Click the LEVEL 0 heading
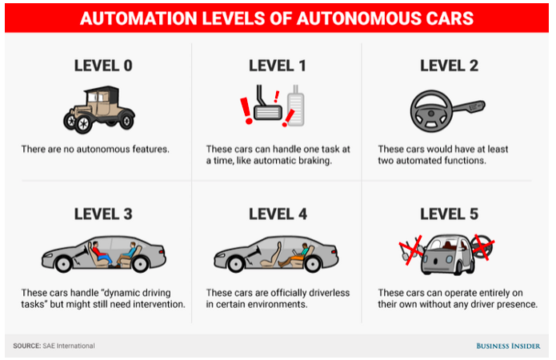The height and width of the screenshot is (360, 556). (102, 66)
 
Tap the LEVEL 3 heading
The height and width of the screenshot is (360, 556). (102, 214)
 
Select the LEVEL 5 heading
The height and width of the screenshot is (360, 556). (450, 214)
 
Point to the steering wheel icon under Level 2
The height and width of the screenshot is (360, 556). (429, 111)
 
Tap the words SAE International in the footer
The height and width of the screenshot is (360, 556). (69, 346)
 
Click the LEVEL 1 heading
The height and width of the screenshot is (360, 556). (277, 66)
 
